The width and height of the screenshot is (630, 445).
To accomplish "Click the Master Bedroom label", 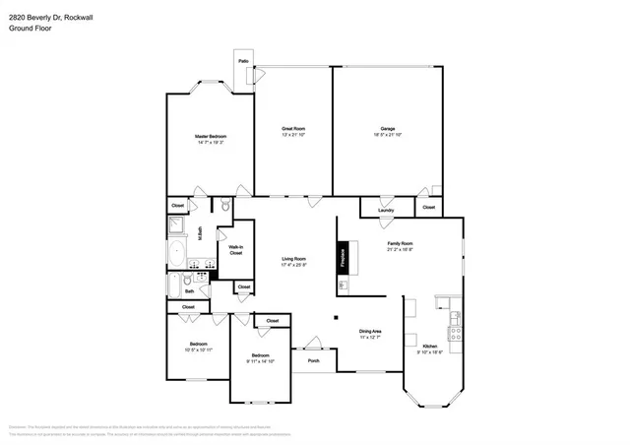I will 209,135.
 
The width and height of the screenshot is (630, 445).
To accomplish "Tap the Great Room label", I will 293,128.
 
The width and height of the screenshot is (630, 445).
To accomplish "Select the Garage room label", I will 388,128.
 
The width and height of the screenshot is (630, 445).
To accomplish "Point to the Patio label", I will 243,62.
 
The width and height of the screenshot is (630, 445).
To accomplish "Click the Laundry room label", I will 386,210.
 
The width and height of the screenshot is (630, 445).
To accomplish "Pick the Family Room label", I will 400,242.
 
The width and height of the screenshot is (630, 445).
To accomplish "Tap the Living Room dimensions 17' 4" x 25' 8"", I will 293,265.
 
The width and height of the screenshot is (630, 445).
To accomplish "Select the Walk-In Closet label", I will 236,250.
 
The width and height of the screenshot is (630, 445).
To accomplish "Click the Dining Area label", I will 370,331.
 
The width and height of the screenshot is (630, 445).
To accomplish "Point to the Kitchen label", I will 430,347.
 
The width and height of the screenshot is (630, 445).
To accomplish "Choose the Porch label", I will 314,360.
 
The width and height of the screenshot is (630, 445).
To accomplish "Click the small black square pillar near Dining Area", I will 335,317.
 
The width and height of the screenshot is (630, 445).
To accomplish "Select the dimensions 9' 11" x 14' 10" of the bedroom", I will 260,360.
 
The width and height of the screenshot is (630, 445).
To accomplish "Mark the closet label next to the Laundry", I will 428,208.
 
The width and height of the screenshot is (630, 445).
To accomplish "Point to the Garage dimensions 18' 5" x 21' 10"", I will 388,135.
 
